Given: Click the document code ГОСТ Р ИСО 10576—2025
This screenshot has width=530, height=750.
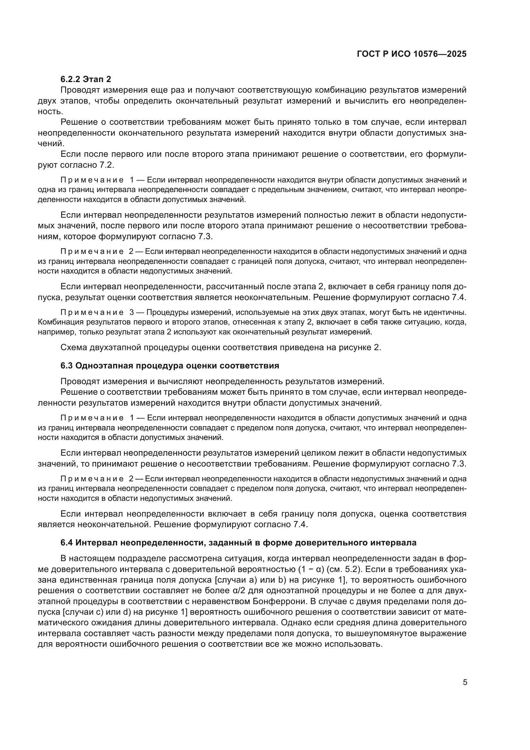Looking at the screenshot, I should pos(411,54).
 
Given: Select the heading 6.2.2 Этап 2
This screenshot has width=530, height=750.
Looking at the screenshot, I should pos(86,79).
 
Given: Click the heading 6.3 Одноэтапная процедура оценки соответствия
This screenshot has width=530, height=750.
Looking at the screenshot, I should pos(170,366).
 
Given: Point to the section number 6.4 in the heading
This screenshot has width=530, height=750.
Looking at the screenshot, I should pos(67,543).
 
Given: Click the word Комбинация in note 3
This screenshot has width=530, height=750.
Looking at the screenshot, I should pos(61,322).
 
